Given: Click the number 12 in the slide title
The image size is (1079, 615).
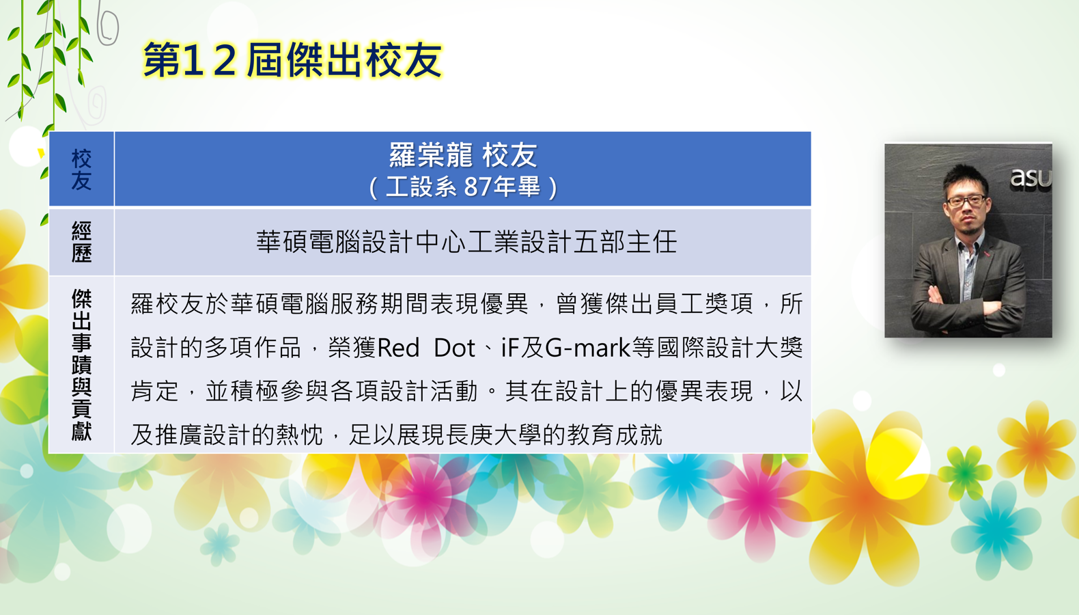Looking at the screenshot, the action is (x=210, y=59).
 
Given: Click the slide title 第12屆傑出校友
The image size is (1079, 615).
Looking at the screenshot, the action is (x=292, y=59).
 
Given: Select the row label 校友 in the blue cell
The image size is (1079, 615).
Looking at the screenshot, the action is (x=81, y=169).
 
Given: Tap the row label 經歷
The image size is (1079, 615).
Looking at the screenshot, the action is (x=81, y=241).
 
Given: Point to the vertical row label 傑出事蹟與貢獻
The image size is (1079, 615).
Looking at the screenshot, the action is (x=81, y=365).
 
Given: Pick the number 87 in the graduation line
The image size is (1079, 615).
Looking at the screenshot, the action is (x=477, y=187).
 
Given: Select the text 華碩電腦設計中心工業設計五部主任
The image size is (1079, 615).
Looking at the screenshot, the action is (x=466, y=242).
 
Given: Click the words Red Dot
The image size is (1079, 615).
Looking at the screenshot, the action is (x=427, y=348).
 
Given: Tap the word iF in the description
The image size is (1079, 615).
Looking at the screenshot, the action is (x=509, y=348).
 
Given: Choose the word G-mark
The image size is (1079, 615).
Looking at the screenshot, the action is (x=587, y=348).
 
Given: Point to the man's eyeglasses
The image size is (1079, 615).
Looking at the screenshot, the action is (x=966, y=200).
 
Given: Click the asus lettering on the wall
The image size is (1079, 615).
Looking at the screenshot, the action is (x=1031, y=178).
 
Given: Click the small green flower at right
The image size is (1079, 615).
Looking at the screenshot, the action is (x=966, y=473).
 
